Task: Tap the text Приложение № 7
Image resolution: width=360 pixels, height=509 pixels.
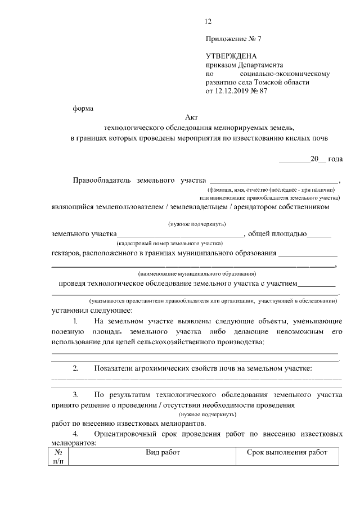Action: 233,39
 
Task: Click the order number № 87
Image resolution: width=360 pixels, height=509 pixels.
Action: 260,91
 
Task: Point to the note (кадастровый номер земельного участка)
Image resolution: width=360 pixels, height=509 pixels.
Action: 170,244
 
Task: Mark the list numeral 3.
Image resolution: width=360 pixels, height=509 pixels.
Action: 75,395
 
